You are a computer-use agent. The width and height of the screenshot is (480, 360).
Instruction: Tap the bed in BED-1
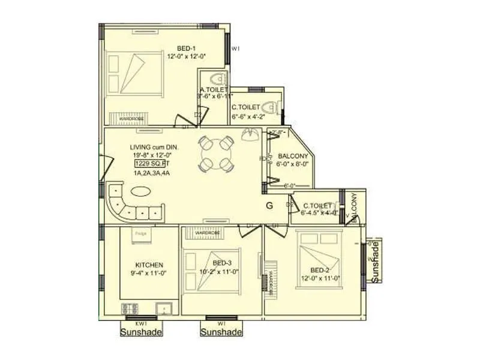[136, 73]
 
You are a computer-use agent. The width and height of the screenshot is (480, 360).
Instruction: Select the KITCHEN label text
[149, 265]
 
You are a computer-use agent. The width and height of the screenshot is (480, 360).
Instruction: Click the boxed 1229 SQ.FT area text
[149, 163]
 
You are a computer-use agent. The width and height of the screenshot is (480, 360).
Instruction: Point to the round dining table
[215, 154]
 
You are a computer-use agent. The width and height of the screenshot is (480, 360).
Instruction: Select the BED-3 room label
[223, 262]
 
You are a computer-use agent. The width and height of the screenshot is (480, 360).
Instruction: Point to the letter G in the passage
[269, 206]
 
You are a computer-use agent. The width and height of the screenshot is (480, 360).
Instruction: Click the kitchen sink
[164, 310]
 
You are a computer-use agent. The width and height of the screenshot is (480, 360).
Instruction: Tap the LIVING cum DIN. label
[155, 147]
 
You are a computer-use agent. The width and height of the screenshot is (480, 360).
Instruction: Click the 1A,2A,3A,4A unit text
[152, 173]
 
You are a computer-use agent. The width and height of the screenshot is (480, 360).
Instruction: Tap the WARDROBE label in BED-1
[130, 119]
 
